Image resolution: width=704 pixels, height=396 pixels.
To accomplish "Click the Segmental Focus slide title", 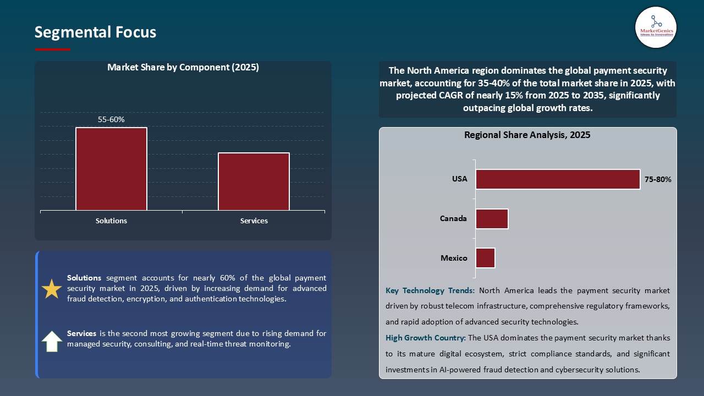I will click(x=95, y=32).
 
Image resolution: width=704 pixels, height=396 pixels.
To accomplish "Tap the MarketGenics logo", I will click(x=656, y=28).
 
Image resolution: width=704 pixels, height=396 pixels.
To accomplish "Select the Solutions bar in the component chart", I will click(x=111, y=169).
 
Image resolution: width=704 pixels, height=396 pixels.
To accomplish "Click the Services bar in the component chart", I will click(x=254, y=182).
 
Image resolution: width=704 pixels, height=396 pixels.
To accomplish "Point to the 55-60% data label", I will click(x=111, y=119).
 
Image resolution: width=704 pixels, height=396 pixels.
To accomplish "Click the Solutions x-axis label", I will click(x=111, y=221).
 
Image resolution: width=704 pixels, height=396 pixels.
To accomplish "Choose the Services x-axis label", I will click(x=254, y=221).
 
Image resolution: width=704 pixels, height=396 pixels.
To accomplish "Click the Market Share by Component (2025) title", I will click(x=183, y=68).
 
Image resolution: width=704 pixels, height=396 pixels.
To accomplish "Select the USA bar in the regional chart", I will click(x=558, y=179).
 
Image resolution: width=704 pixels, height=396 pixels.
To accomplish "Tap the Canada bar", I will click(x=492, y=219).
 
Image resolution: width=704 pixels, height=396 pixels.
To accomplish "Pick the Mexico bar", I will click(x=485, y=258).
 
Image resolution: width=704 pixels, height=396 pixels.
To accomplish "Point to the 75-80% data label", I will click(x=657, y=179).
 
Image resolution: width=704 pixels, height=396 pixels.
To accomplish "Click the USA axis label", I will click(x=459, y=179).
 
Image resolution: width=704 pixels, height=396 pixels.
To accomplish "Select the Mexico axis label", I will click(x=454, y=258).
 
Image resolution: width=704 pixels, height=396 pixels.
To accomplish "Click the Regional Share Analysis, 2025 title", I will click(x=527, y=135).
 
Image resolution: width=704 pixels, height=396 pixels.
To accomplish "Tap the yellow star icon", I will click(x=52, y=289).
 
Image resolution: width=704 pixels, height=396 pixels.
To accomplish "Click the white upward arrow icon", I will click(x=52, y=341).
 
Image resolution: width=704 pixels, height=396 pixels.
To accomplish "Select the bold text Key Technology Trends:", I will click(x=430, y=290).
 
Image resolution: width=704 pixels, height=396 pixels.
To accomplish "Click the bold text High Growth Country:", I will click(x=425, y=338).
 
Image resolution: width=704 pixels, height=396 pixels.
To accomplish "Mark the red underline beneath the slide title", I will click(x=53, y=50).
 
